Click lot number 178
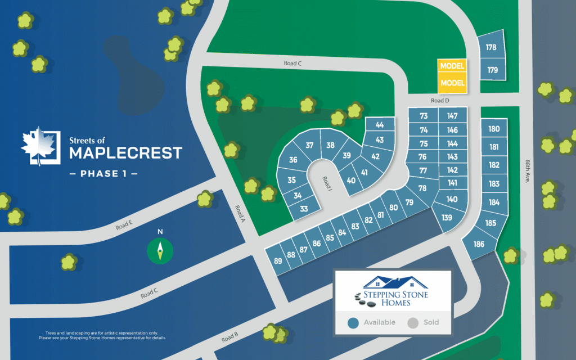pyautogui.click(x=491, y=47)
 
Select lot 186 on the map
pyautogui.click(x=479, y=244)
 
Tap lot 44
pyautogui.click(x=380, y=125)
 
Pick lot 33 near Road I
pyautogui.click(x=304, y=209)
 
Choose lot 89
pyautogui.click(x=278, y=261)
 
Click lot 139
pyautogui.click(x=447, y=218)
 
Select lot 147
pyautogui.click(x=452, y=116)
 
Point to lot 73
pyautogui.click(x=424, y=116)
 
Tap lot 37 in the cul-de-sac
pyautogui.click(x=309, y=145)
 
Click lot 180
pyautogui.click(x=494, y=129)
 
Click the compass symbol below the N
pyautogui.click(x=160, y=250)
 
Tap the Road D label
pyautogui.click(x=440, y=100)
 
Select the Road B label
pyautogui.click(x=229, y=337)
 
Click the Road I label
pyautogui.click(x=327, y=183)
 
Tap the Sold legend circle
pyautogui.click(x=413, y=323)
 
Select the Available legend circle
pyautogui.click(x=353, y=323)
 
